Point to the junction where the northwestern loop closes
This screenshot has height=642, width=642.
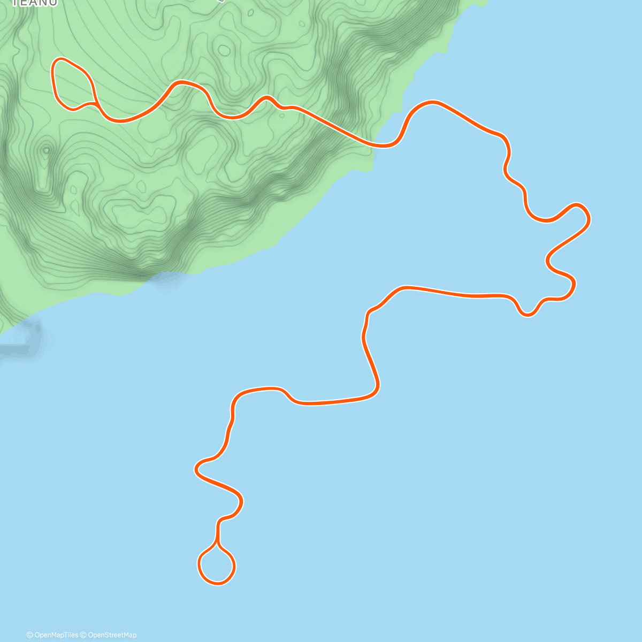pyautogui.click(x=95, y=102)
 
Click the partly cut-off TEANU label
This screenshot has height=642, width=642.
pyautogui.click(x=34, y=3)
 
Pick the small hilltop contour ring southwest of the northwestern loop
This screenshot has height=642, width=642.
pyautogui.click(x=47, y=150)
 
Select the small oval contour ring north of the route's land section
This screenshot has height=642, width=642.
pyautogui.click(x=224, y=51)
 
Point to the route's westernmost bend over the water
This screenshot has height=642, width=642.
pyautogui.click(x=196, y=469)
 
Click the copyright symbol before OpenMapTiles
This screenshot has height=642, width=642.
pyautogui.click(x=30, y=635)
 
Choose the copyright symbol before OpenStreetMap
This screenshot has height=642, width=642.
pyautogui.click(x=83, y=635)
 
